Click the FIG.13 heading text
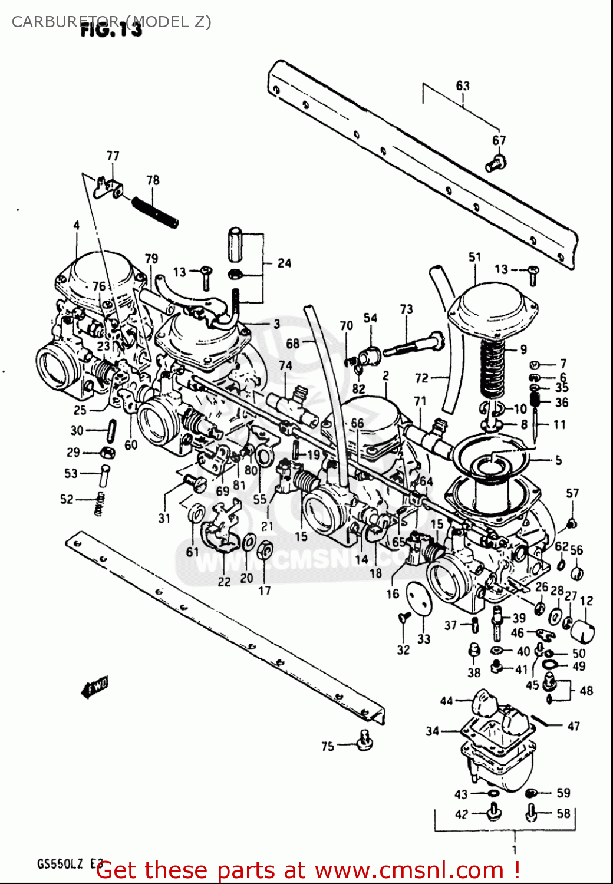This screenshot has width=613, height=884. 111,29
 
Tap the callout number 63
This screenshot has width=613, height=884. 463,85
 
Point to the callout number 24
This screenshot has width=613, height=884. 284,263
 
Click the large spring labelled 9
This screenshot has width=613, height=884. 493,369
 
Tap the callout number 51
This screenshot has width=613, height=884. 475,257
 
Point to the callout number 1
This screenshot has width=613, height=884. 514,849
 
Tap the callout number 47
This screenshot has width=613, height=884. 574,726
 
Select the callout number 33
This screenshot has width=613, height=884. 424,639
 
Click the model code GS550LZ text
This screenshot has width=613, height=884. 60,864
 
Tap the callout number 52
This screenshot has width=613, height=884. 67,499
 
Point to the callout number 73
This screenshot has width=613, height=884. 406,309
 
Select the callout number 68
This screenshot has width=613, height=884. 293,343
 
